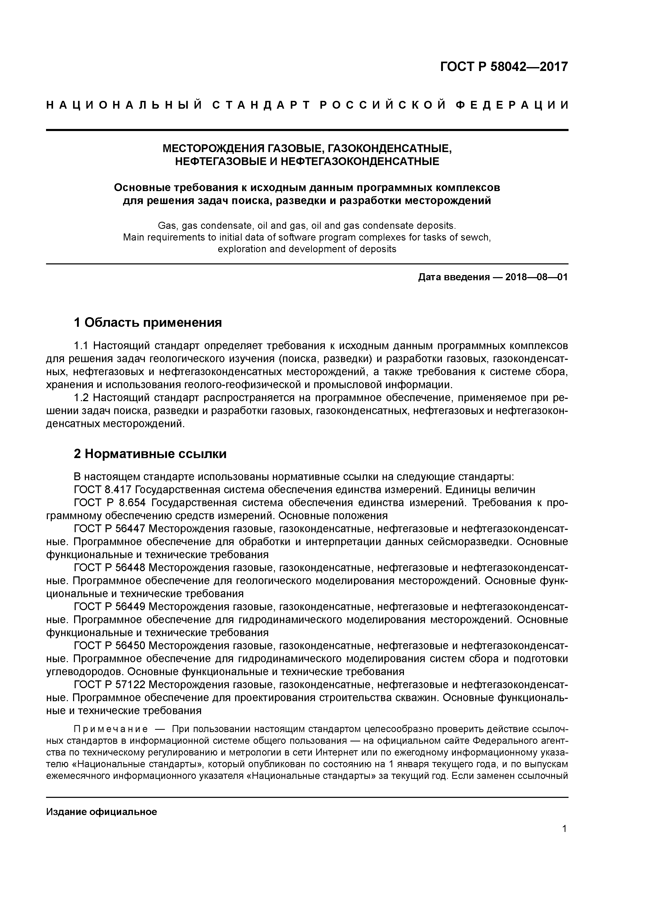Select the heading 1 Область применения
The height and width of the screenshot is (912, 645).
click(x=147, y=323)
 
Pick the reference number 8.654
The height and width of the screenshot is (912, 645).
click(x=132, y=503)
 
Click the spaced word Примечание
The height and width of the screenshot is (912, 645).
click(x=111, y=730)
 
